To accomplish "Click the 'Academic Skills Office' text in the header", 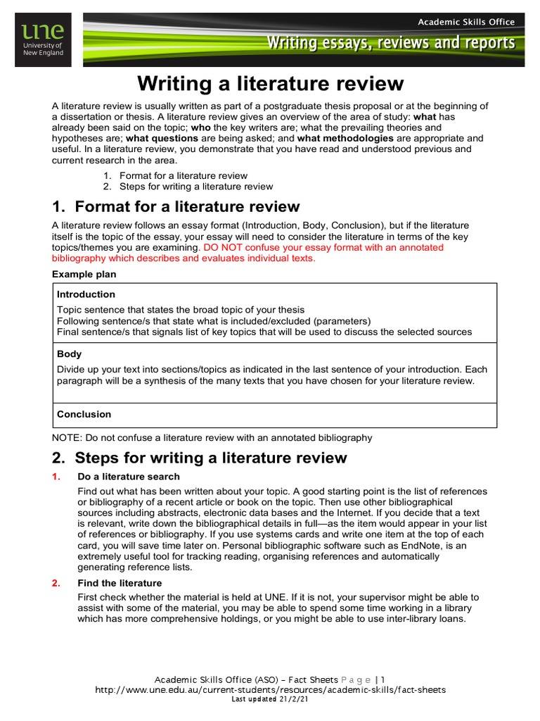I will click(x=466, y=22).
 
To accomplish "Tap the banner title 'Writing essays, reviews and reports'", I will click(x=390, y=44).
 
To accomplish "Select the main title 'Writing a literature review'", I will click(x=271, y=84).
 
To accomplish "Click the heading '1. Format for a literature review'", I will click(x=176, y=206).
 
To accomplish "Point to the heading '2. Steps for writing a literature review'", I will click(x=200, y=458).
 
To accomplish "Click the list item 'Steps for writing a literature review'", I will click(x=196, y=187).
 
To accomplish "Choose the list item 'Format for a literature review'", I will click(x=184, y=175).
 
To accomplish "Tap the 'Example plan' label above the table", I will click(x=84, y=274).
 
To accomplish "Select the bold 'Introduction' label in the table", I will click(x=86, y=294).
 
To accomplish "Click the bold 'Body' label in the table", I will click(x=69, y=354).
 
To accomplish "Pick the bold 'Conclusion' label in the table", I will click(x=84, y=414).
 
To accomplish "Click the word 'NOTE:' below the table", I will click(x=67, y=437).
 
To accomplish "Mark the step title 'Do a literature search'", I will click(x=129, y=477).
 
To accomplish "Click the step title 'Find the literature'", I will click(x=120, y=583).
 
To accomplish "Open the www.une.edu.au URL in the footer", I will click(x=270, y=690).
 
